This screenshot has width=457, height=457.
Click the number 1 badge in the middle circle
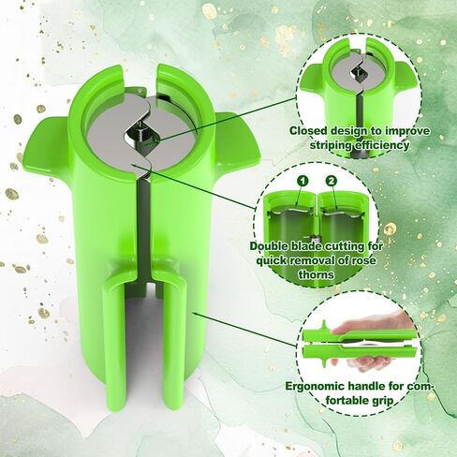click(x=302, y=181)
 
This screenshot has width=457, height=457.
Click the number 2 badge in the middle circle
click(x=331, y=181)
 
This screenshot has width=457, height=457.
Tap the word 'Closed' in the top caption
click(x=308, y=131)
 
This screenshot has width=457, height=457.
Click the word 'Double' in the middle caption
click(x=269, y=246)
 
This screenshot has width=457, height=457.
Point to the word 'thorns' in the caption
click(x=317, y=274)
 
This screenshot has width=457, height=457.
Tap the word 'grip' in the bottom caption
click(x=382, y=401)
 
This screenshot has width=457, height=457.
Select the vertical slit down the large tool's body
click(x=144, y=228)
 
